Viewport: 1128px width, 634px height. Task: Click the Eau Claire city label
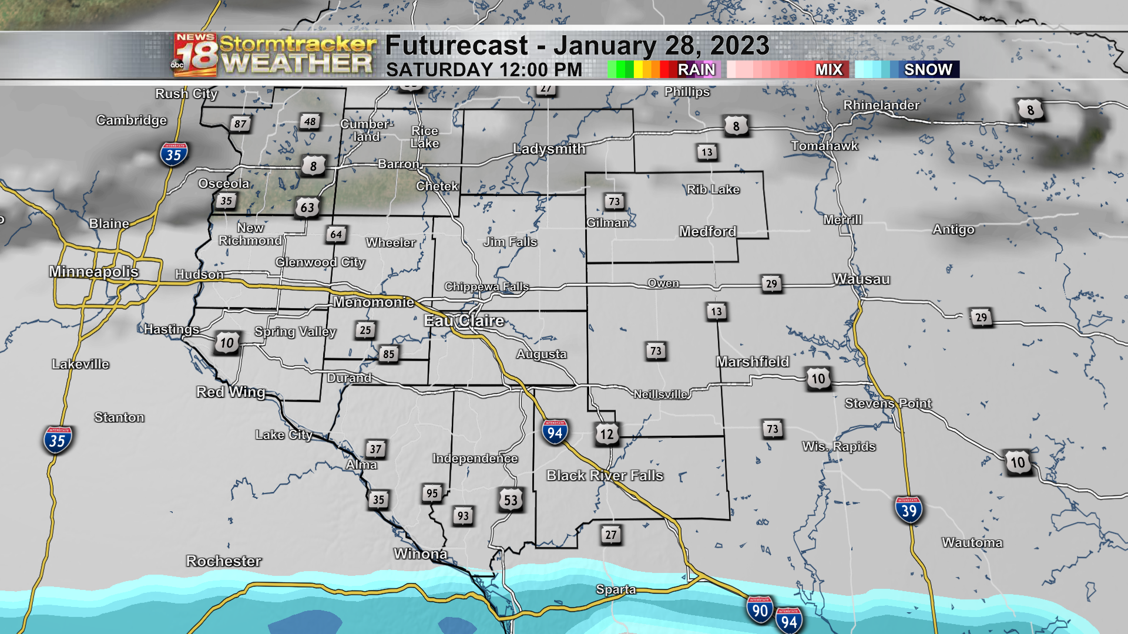click(x=464, y=321)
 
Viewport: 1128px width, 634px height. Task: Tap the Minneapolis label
click(x=94, y=271)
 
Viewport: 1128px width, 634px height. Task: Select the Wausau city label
click(x=861, y=279)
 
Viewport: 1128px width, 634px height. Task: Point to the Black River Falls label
click(x=605, y=475)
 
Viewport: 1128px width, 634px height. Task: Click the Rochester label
click(x=224, y=561)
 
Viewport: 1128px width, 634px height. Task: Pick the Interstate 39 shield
click(x=908, y=510)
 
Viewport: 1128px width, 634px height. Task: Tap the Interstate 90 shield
click(x=760, y=610)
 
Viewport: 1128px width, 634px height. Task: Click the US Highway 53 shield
click(x=511, y=500)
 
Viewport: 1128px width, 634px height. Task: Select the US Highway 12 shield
click(x=606, y=434)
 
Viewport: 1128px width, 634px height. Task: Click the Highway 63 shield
click(x=307, y=207)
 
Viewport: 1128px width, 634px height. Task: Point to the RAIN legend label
click(x=696, y=69)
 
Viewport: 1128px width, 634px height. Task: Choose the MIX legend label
click(x=829, y=69)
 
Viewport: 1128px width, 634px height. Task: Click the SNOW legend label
click(x=928, y=69)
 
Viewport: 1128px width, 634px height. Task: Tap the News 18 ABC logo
click(x=196, y=55)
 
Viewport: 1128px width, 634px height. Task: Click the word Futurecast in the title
click(x=457, y=46)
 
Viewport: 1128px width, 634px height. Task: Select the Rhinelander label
click(x=881, y=105)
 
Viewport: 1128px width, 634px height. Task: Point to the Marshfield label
click(x=753, y=362)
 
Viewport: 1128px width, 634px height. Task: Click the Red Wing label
click(x=231, y=392)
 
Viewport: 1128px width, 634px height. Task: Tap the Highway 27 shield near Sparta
click(x=611, y=535)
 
